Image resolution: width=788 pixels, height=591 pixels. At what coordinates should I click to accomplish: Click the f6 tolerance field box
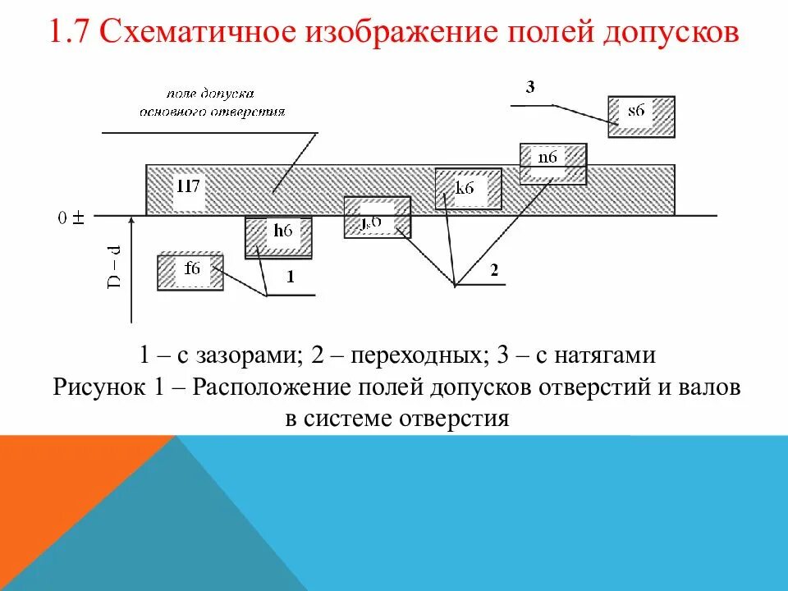(x=190, y=272)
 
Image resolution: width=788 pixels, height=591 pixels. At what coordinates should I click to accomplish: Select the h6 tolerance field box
(x=279, y=236)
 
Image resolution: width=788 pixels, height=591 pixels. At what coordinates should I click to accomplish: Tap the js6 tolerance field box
(x=377, y=218)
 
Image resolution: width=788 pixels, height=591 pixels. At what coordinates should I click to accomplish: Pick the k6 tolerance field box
(x=467, y=189)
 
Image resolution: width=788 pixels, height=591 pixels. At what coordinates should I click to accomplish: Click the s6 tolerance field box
(x=641, y=116)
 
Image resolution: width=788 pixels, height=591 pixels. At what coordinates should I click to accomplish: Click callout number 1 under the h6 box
(x=291, y=278)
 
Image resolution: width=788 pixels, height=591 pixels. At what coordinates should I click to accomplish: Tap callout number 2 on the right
(x=494, y=269)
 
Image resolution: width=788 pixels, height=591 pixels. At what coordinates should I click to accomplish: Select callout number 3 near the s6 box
(x=530, y=88)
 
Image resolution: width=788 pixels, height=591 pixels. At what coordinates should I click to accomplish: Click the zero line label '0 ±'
(x=72, y=218)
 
